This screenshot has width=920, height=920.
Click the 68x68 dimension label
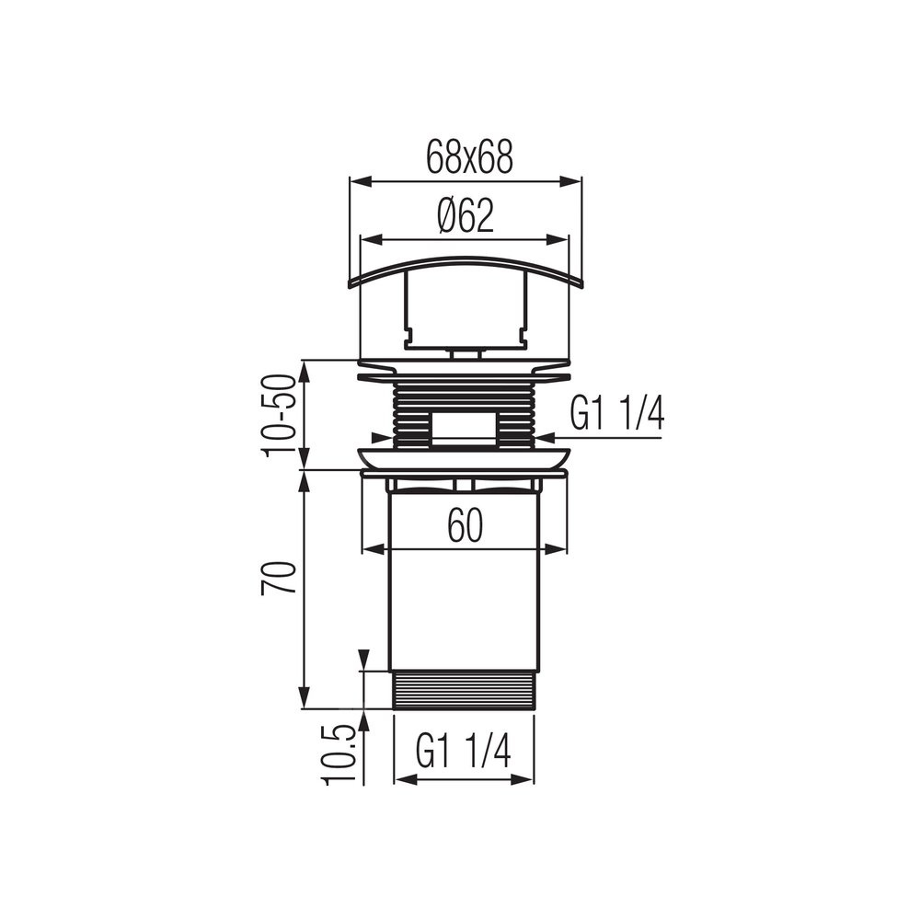pos(469,157)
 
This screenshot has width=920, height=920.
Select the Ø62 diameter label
pos(466,215)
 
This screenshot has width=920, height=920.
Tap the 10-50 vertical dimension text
pos(278,416)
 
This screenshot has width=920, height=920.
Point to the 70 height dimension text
pos(278,579)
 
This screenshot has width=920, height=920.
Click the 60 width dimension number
pos(466,525)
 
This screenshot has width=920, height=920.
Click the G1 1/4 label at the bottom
pos(464,751)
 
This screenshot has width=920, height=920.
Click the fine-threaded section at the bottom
pos(464,690)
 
